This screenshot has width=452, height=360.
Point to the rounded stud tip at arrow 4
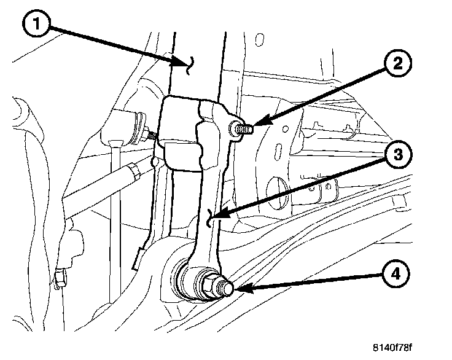tap(226, 288)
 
